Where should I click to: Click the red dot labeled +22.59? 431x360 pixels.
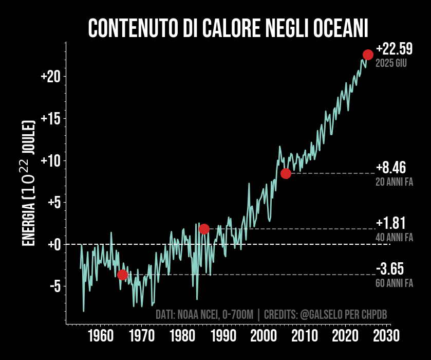pyautogui.click(x=368, y=55)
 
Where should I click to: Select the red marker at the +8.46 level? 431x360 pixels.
pyautogui.click(x=286, y=173)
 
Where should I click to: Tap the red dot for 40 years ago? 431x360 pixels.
pyautogui.click(x=204, y=229)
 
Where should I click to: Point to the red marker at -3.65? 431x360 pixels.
pyautogui.click(x=122, y=275)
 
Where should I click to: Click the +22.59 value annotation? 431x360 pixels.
pyautogui.click(x=394, y=49)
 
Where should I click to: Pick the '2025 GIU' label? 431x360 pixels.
pyautogui.click(x=391, y=64)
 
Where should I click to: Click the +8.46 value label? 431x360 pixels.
pyautogui.click(x=391, y=168)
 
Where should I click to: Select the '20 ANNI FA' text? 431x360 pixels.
pyautogui.click(x=394, y=182)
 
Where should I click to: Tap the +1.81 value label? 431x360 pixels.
pyautogui.click(x=391, y=223)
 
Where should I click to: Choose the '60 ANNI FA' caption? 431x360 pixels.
pyautogui.click(x=394, y=283)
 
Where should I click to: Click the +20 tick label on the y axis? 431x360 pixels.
pyautogui.click(x=51, y=77)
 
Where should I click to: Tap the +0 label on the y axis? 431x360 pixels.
pyautogui.click(x=54, y=244)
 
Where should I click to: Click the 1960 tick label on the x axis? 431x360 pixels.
pyautogui.click(x=100, y=337)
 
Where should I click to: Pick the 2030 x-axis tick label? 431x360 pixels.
pyautogui.click(x=386, y=337)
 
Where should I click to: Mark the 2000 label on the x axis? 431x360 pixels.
pyautogui.click(x=264, y=337)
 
